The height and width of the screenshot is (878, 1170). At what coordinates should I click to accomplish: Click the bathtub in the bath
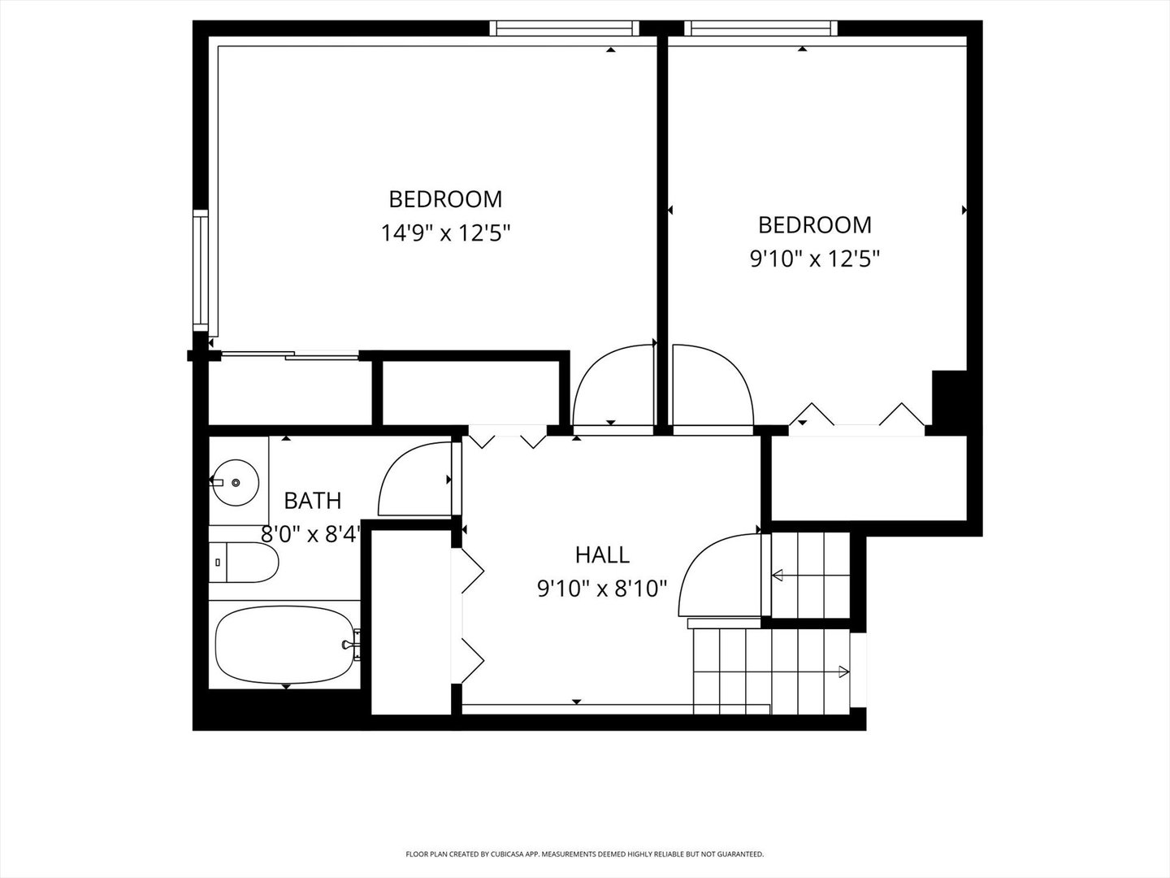[284, 645]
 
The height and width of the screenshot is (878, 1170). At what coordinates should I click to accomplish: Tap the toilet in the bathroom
[244, 563]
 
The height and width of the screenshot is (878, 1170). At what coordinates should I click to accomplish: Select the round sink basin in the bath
[235, 482]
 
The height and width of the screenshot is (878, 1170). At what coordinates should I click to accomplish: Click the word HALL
[602, 555]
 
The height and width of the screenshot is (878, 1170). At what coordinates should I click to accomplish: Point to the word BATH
[313, 501]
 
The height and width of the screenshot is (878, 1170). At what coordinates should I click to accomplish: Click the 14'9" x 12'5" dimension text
[445, 233]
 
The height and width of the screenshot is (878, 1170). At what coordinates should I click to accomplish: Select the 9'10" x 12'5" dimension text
[814, 259]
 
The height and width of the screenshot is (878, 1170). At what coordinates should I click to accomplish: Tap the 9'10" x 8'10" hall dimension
[602, 589]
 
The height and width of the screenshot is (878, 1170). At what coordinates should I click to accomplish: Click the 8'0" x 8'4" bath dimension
[311, 534]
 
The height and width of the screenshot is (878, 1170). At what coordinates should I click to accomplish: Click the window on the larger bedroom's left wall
[201, 270]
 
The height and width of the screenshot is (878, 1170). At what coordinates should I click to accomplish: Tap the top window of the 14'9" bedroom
[564, 28]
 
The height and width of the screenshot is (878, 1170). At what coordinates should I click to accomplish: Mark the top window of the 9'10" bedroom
[760, 28]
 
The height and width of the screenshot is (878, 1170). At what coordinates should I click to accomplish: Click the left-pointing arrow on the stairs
[810, 576]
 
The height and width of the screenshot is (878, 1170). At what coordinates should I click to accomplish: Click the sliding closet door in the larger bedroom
[290, 354]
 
